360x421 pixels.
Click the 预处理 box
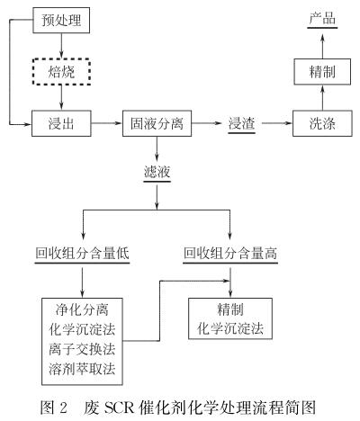click(x=61, y=21)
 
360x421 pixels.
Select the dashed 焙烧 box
click(x=61, y=72)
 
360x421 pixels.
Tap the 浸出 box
click(x=61, y=123)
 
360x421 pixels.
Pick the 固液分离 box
click(x=157, y=123)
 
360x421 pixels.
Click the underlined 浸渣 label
click(x=242, y=124)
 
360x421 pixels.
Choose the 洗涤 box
click(x=322, y=123)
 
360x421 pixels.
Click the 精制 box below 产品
click(x=322, y=72)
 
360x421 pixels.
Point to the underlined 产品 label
click(x=322, y=20)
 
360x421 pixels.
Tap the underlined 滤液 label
click(x=157, y=173)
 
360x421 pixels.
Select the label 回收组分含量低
click(x=82, y=254)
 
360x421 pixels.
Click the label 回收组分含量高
click(x=230, y=254)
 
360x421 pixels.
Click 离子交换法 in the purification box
click(x=82, y=349)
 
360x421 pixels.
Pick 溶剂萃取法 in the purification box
click(x=82, y=369)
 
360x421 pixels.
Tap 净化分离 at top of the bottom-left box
click(x=82, y=309)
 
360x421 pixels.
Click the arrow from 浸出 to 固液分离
click(x=107, y=123)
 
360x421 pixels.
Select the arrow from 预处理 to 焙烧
click(x=61, y=45)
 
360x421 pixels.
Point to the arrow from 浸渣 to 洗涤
click(x=276, y=123)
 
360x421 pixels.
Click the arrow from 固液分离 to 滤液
click(x=157, y=149)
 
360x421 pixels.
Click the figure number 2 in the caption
click(x=63, y=408)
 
